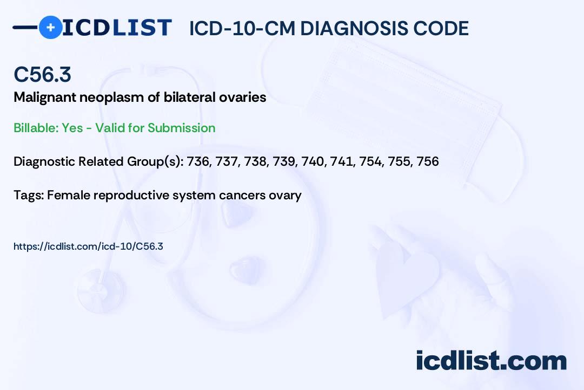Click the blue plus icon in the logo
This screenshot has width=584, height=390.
(50, 27)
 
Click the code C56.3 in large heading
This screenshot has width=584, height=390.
(42, 74)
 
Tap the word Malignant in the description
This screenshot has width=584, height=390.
(45, 98)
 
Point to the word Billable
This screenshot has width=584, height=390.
(36, 128)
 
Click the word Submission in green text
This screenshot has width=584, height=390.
(181, 128)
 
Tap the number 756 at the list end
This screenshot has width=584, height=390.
(428, 161)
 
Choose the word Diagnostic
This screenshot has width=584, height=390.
(44, 161)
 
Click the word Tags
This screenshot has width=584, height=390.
(29, 195)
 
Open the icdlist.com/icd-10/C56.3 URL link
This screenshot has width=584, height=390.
(88, 246)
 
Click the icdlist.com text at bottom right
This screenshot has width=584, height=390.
(491, 361)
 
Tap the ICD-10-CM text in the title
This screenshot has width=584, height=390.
(242, 28)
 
